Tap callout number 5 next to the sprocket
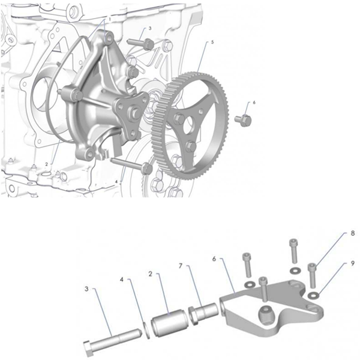tap(212, 43)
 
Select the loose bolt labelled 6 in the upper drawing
tap(242, 120)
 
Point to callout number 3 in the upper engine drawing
tap(149, 28)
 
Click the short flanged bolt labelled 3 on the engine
tap(147, 43)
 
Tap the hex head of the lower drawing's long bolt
tap(89, 347)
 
